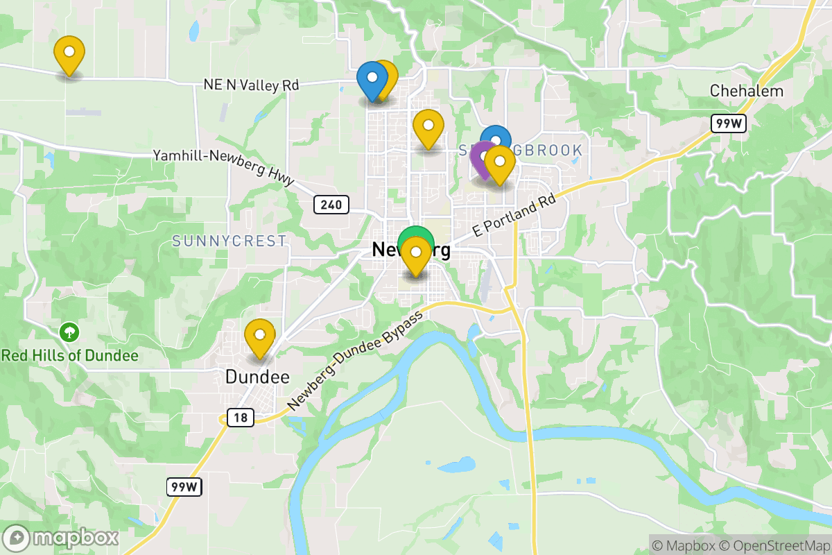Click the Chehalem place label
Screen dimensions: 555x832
[747, 91]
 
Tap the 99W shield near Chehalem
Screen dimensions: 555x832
[728, 123]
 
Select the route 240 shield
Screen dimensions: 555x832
[331, 204]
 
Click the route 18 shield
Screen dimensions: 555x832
[240, 417]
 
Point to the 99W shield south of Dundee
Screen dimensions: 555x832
[184, 486]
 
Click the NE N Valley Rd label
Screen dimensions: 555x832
[251, 85]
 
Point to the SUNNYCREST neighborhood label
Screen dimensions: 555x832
[229, 241]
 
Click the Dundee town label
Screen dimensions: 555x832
[257, 377]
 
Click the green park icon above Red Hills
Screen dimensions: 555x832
[69, 332]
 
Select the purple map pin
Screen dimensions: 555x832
[483, 156]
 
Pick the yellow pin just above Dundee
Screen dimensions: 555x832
[259, 335]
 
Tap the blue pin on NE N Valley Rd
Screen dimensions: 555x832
[372, 79]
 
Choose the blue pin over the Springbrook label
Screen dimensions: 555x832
[496, 137]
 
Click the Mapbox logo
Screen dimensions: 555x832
[61, 538]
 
